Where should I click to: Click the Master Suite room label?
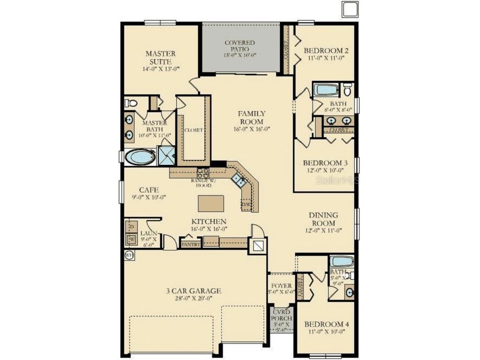[x=161, y=57]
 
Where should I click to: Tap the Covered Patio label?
[x=240, y=46]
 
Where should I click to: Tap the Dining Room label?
[x=323, y=218]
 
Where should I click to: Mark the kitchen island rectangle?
[x=211, y=203]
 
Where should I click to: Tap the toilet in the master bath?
[x=130, y=103]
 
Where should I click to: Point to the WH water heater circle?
[x=129, y=255]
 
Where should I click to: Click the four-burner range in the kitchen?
[x=203, y=173]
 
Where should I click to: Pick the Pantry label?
[x=191, y=245]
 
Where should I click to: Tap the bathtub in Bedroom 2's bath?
[x=327, y=90]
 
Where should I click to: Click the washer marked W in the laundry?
[x=131, y=240]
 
